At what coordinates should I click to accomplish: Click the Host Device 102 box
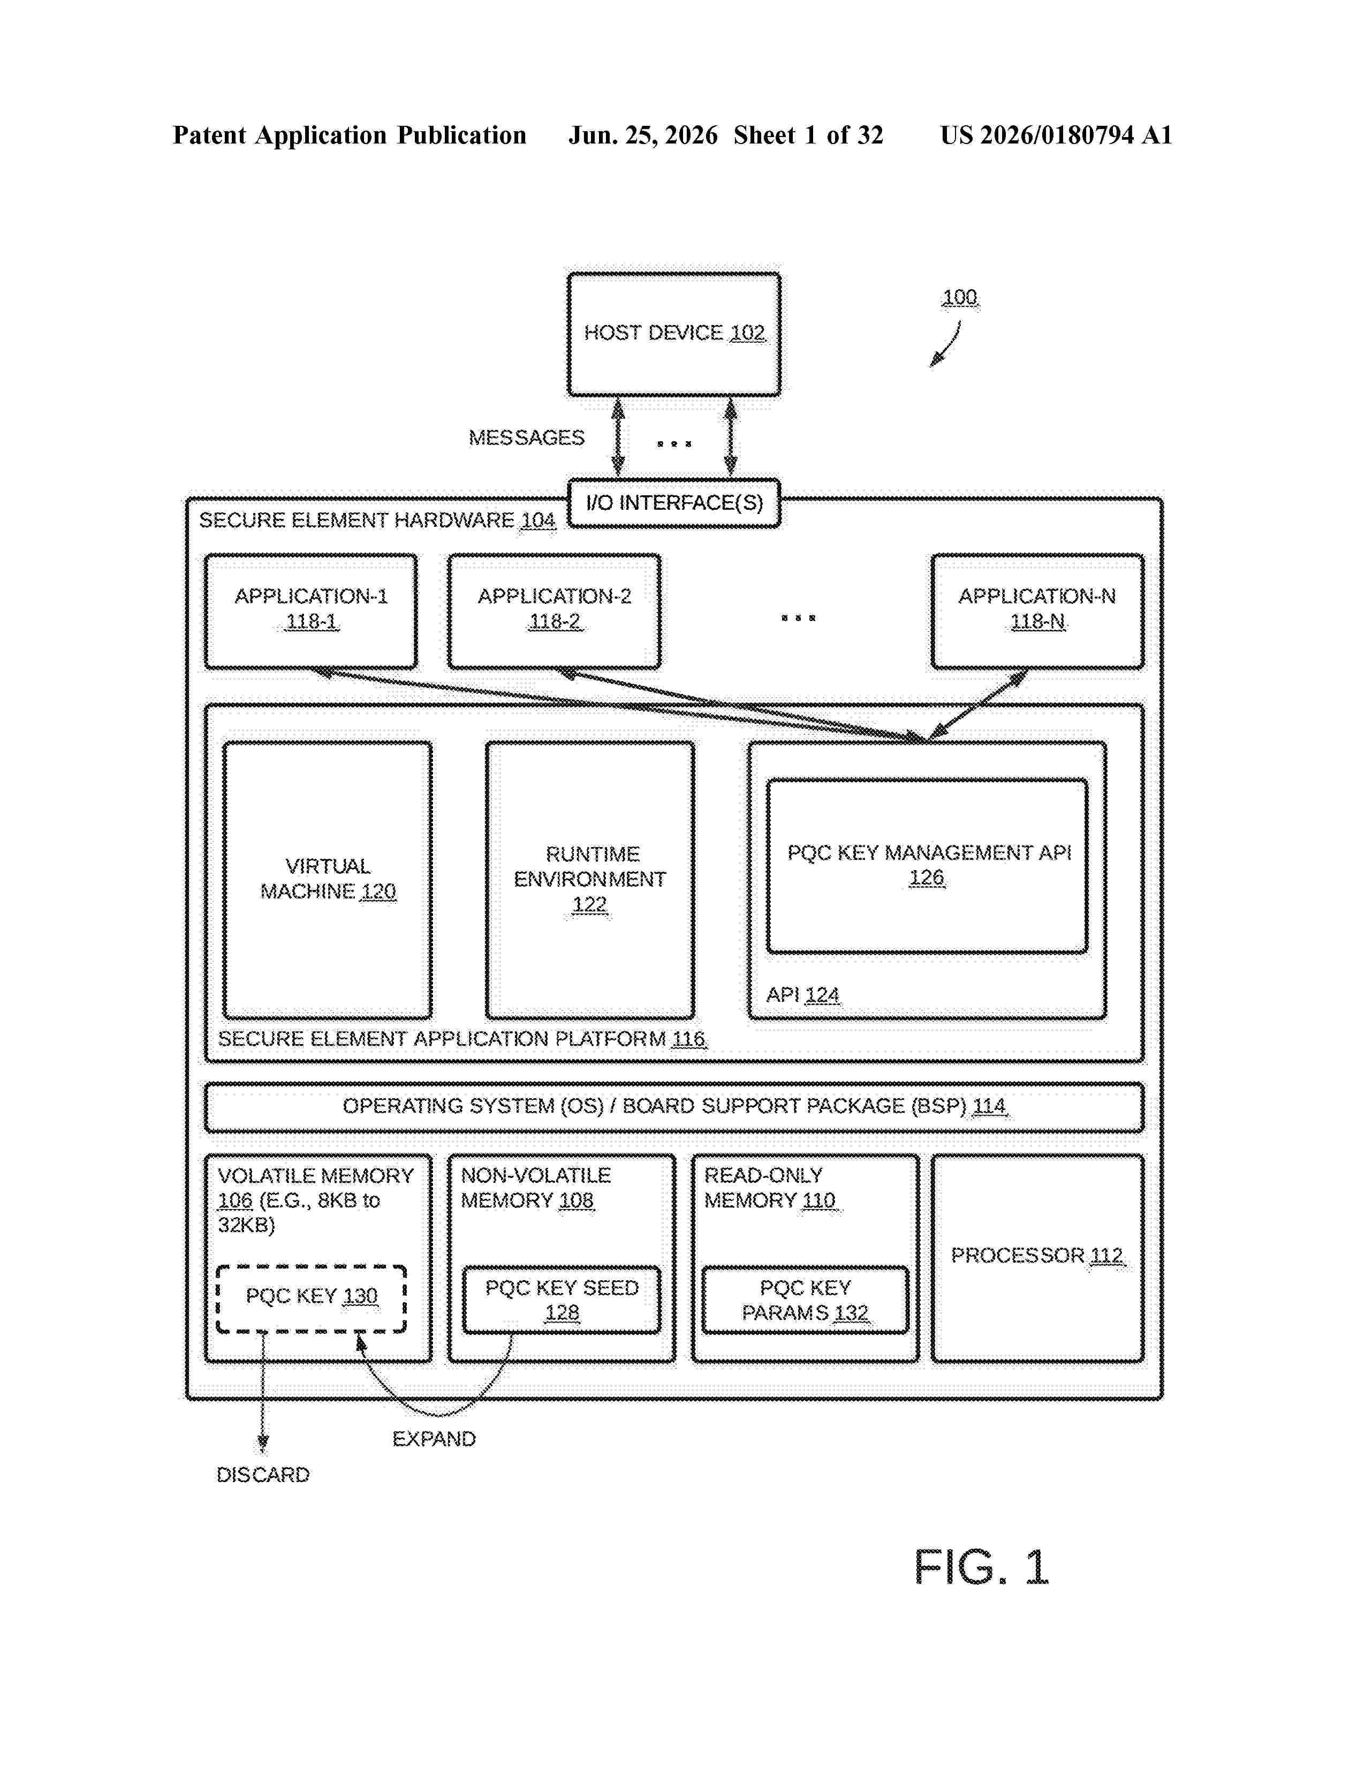pos(673,334)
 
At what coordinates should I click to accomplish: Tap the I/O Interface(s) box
pos(673,503)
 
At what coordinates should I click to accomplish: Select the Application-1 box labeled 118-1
pos(312,611)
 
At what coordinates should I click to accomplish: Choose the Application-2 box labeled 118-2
pos(554,611)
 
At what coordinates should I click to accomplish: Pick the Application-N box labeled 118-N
pos(1037,611)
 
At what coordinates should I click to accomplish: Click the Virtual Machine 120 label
pos(328,879)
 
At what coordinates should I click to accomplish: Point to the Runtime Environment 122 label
pos(590,879)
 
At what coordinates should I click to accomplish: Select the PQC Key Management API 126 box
pos(927,866)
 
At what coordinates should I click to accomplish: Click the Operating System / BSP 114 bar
pos(673,1107)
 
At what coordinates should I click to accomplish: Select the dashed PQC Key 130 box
pos(312,1298)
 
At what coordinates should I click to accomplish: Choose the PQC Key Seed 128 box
pos(561,1300)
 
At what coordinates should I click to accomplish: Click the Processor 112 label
pos(1037,1255)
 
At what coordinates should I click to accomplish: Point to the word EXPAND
pos(434,1439)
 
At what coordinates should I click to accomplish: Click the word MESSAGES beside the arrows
pos(526,437)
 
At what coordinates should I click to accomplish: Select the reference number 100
pos(960,298)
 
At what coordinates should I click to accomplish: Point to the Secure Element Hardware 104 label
pos(377,520)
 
